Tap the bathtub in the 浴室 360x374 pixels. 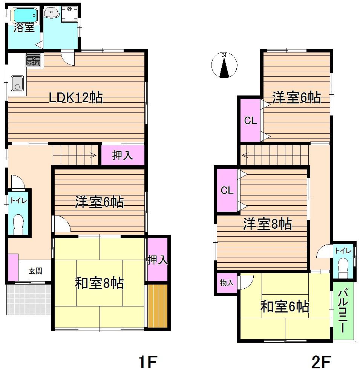pos(24,15)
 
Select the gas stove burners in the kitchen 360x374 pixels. pos(34,61)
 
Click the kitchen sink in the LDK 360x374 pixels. pos(17,83)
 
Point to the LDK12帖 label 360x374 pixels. pos(76,98)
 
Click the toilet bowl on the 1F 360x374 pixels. pos(18,223)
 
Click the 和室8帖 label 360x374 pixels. pos(99,283)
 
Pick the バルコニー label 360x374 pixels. pos(343,311)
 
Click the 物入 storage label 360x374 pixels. pos(227,283)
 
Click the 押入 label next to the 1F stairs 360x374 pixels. pos(123,155)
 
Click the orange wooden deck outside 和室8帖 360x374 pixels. pos(157,306)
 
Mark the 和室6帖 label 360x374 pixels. pos(285,307)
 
